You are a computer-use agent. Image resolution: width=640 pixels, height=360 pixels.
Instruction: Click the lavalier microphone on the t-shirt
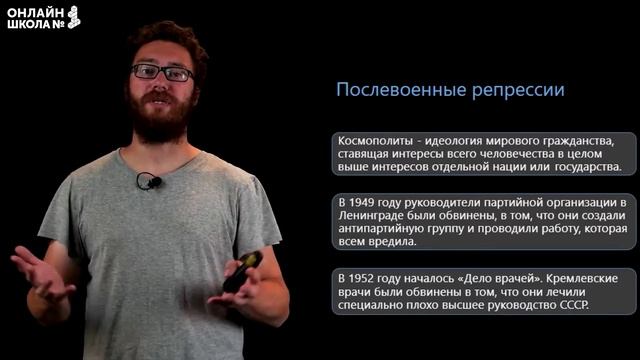[149, 181]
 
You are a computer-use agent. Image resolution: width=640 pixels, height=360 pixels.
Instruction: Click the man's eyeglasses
[162, 72]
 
